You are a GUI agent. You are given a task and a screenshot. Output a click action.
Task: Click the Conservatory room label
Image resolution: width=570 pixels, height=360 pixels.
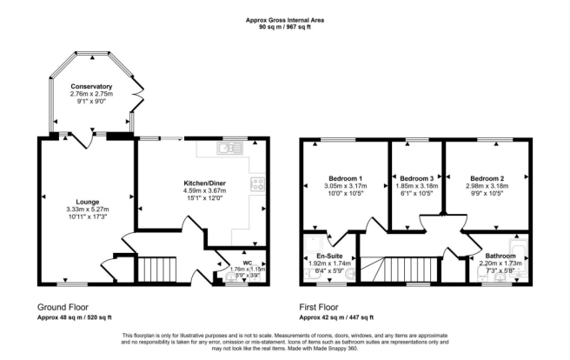click(x=92, y=87)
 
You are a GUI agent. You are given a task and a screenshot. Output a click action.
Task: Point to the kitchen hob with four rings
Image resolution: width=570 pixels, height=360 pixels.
click(x=258, y=183)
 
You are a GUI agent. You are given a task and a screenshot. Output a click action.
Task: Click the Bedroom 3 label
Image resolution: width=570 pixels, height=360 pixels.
click(x=414, y=177)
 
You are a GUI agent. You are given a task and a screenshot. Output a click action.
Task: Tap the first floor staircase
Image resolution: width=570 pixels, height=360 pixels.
click(x=395, y=269)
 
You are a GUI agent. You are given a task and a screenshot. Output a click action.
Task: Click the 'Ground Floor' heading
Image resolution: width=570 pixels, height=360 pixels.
click(x=63, y=308)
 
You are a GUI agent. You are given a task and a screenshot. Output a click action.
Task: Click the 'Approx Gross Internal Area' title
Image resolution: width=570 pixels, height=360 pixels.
click(x=284, y=19)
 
